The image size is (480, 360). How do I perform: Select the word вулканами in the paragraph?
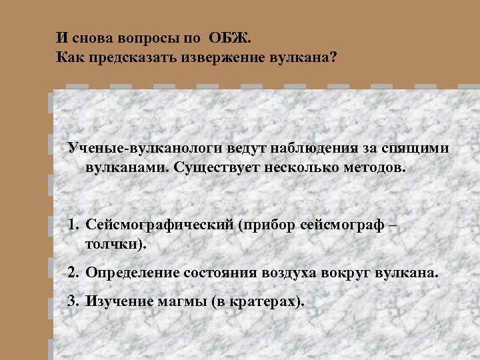pyautogui.click(x=127, y=165)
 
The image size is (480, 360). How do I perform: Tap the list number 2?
pyautogui.click(x=73, y=273)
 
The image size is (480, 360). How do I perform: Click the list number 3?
pyautogui.click(x=73, y=301)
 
